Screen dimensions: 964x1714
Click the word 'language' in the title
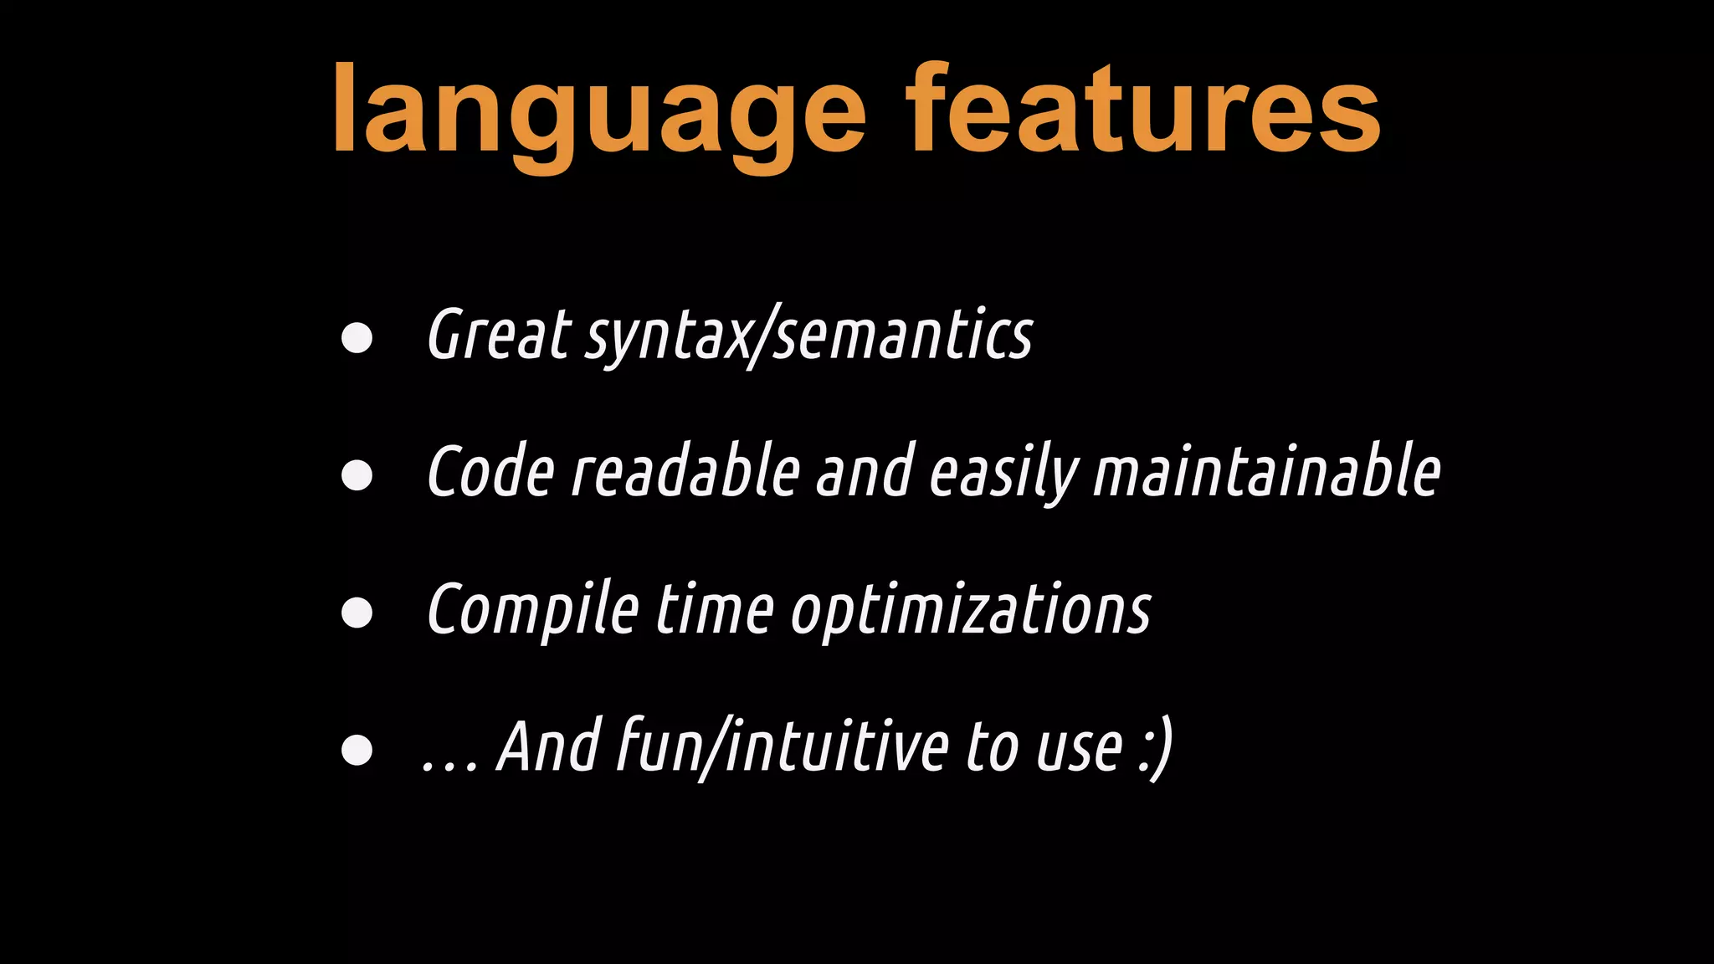point(598,113)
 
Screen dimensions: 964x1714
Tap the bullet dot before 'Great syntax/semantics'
point(357,337)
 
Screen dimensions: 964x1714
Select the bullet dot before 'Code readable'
point(357,474)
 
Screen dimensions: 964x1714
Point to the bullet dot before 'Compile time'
point(357,612)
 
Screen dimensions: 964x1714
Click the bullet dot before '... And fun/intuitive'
point(357,750)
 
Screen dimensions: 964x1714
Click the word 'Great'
point(500,335)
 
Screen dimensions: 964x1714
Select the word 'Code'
point(490,472)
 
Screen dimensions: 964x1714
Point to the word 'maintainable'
point(1267,472)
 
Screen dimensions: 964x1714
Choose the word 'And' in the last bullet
point(549,746)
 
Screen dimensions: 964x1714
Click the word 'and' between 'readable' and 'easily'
point(865,472)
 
